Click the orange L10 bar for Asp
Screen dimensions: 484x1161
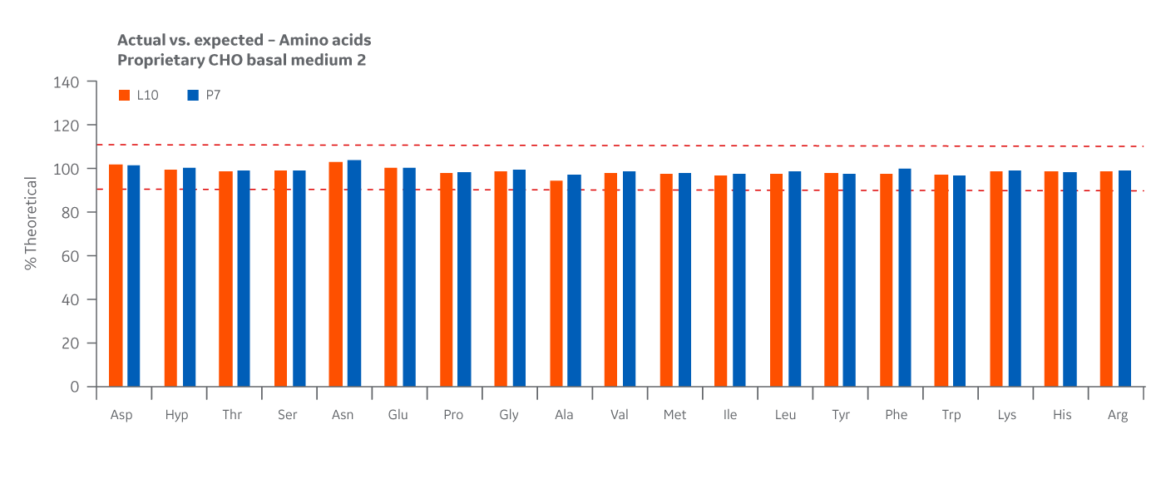(x=116, y=276)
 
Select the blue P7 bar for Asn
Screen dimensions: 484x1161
(x=354, y=274)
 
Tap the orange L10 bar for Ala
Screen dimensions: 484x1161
(x=556, y=284)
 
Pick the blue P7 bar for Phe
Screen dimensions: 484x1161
(x=905, y=278)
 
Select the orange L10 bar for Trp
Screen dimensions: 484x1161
(x=941, y=281)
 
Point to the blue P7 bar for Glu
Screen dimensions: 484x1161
(x=409, y=278)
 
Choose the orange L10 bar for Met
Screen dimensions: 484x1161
(x=666, y=280)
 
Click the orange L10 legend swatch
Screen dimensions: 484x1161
(x=125, y=96)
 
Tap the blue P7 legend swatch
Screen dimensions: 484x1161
(x=193, y=96)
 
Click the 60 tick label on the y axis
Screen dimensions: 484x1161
(x=72, y=256)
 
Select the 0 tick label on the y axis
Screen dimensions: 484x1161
(x=76, y=387)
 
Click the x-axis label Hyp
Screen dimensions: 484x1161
(x=176, y=415)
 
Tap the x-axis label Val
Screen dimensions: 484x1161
(x=619, y=415)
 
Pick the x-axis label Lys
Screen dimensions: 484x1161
(x=1006, y=415)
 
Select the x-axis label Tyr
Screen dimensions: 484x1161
(x=841, y=415)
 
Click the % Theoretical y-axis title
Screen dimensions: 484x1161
(x=31, y=223)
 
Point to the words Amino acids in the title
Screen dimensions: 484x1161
(x=327, y=40)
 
